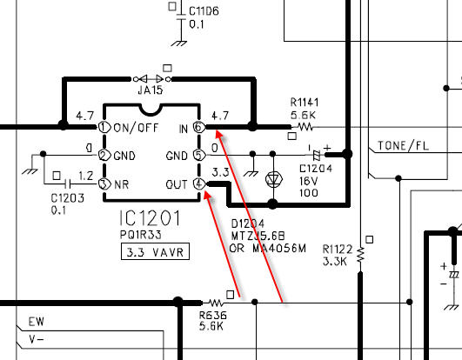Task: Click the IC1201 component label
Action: tap(150, 218)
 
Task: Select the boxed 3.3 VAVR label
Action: tap(155, 251)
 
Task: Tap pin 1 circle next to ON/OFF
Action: tap(104, 127)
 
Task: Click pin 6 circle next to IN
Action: tap(198, 127)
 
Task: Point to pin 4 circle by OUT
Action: tap(198, 183)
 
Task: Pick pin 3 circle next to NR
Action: tap(104, 184)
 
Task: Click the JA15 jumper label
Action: tap(151, 90)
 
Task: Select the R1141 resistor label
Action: tap(305, 103)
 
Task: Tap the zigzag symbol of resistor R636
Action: tap(216, 303)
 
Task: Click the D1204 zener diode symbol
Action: tap(274, 178)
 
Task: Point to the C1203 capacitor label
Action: tap(68, 197)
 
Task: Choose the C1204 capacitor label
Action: tap(316, 169)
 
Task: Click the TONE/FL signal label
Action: tap(403, 146)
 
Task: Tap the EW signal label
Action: tap(37, 322)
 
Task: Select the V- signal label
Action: tap(37, 340)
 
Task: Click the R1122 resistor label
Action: tap(338, 250)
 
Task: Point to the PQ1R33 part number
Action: tap(141, 235)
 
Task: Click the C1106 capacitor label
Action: tap(204, 11)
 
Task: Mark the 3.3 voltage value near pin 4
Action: tap(220, 172)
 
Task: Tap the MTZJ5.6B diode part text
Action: tap(258, 236)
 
